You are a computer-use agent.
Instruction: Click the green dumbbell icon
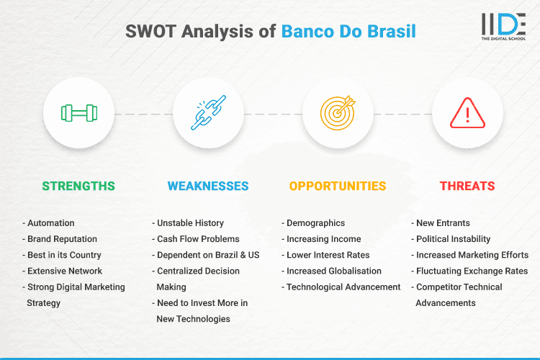78,113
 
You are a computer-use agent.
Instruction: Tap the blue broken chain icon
208,113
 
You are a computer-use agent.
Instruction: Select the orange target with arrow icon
338,113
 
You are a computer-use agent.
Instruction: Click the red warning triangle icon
467,113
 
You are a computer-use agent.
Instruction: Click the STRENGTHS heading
78,186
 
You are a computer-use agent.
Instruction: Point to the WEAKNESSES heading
208,186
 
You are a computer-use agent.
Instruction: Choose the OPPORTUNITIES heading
338,186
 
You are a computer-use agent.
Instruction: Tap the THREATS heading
467,186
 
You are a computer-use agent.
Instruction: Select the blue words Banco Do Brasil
348,32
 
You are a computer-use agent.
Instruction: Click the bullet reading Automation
50,223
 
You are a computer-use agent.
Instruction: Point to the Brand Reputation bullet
62,239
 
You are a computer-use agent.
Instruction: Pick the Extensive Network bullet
64,271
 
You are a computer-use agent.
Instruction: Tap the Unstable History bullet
191,223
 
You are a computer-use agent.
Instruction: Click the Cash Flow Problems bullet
198,239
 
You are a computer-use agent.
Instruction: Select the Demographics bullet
315,223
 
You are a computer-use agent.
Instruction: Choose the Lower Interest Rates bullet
328,255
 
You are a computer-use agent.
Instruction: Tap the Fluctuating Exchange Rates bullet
472,271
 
